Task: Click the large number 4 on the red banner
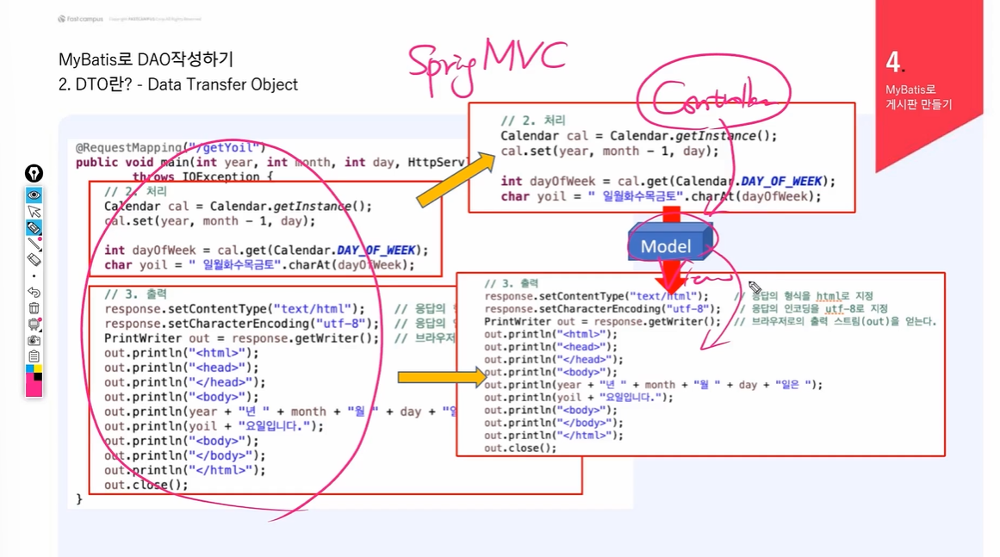click(x=893, y=62)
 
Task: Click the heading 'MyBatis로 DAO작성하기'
click(x=146, y=59)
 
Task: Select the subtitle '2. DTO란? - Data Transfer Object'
click(x=178, y=84)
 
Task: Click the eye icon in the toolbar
click(x=34, y=195)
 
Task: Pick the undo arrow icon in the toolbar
click(x=34, y=293)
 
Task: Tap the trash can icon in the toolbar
click(x=34, y=308)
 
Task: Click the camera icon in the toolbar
click(x=34, y=341)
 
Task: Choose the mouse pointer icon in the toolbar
click(x=34, y=212)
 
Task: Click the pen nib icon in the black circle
click(x=34, y=173)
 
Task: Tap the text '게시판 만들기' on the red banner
click(x=918, y=104)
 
